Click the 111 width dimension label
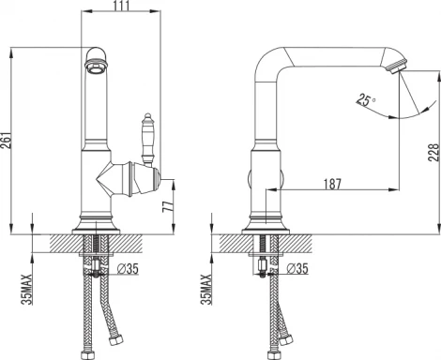tap(120, 6)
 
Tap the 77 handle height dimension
tap(168, 206)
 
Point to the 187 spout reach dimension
tap(332, 184)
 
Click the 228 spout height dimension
tap(433, 153)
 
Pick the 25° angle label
tap(366, 100)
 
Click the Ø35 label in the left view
tap(128, 268)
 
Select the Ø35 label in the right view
tap(297, 268)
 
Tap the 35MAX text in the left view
tap(27, 289)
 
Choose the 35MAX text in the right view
tap(206, 289)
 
